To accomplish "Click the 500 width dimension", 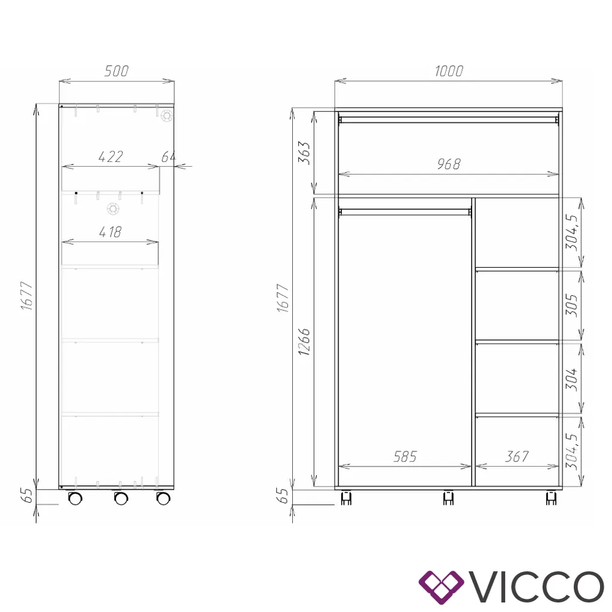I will pos(117,71).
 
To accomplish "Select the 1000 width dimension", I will pos(448,71).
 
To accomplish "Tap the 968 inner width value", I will pos(448,164).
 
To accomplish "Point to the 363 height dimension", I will pos(304,153).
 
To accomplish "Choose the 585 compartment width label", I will pos(405,457).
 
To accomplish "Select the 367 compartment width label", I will pos(516,457).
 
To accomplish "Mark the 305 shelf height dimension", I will pos(573,305).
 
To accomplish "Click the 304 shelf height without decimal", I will pos(573,378).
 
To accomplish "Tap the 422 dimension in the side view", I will pos(111,157).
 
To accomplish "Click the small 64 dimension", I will pos(169,157).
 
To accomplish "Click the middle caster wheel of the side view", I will pos(120,498).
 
